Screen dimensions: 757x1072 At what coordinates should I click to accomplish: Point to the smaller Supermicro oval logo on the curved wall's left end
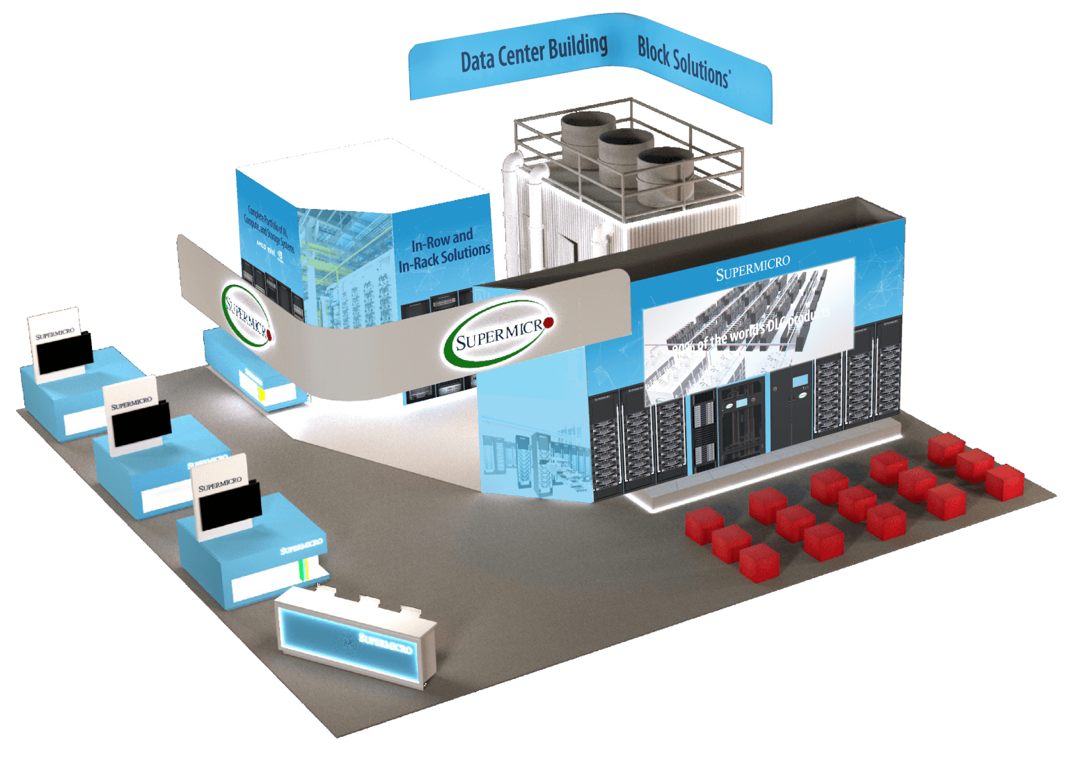click(x=246, y=313)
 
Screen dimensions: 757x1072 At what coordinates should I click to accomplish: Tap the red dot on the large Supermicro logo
click(x=548, y=322)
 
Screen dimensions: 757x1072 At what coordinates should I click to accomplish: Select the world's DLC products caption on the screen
click(x=752, y=331)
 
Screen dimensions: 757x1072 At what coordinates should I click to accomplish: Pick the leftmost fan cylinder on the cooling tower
click(x=588, y=132)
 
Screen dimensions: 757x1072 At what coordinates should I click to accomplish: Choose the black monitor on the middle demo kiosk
click(x=142, y=424)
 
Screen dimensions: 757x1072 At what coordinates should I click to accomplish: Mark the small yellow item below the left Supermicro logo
click(x=262, y=394)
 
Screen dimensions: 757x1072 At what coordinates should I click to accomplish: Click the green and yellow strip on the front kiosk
click(x=302, y=568)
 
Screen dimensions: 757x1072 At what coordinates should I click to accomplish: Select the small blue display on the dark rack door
click(x=799, y=380)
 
